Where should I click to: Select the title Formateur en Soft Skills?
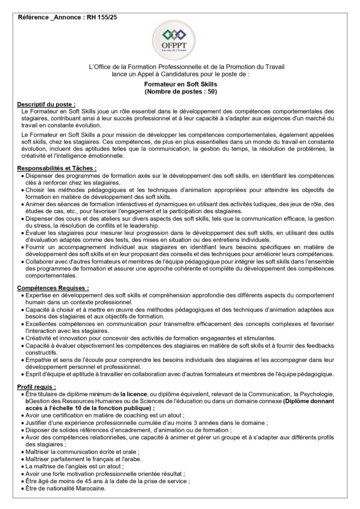tap(180, 85)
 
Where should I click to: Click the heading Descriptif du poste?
tap(46, 104)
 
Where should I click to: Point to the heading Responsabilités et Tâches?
tap(57, 169)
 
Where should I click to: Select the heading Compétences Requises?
tap(53, 287)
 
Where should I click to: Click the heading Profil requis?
tap(37, 386)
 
